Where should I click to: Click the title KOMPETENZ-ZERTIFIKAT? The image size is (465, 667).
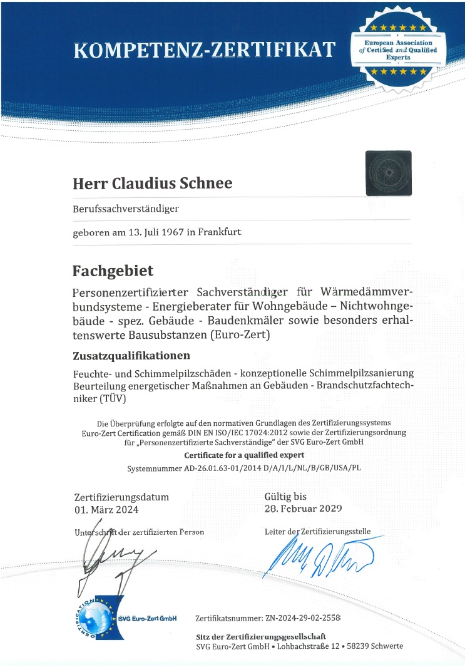click(205, 49)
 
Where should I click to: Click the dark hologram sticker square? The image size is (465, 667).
click(388, 172)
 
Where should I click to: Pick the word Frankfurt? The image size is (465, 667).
click(220, 232)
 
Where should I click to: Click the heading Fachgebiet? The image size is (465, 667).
click(113, 271)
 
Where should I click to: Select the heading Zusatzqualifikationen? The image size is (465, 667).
click(131, 356)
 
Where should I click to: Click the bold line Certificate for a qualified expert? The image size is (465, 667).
click(243, 455)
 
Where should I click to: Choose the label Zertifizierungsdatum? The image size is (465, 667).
click(121, 497)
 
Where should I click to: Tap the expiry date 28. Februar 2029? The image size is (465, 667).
click(304, 508)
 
